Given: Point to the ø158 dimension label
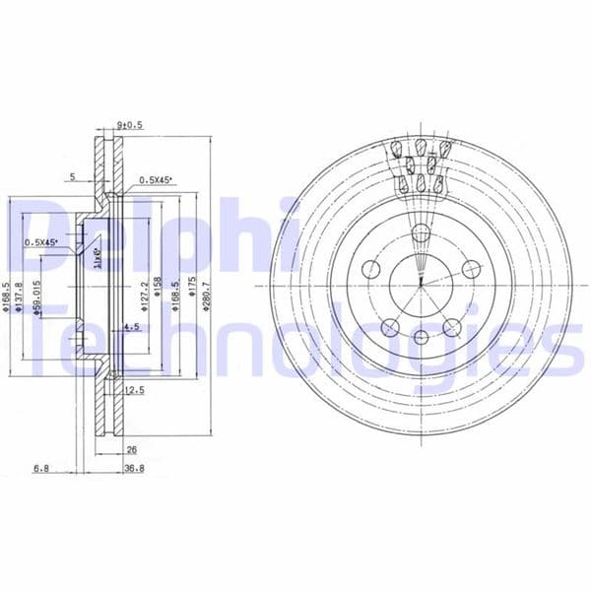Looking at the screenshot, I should (158, 293).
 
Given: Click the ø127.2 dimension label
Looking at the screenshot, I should (144, 295).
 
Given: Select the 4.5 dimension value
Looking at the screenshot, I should (130, 329).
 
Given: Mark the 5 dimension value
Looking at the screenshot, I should (72, 178).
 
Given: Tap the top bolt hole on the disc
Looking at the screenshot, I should (421, 233).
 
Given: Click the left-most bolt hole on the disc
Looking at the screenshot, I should (372, 269).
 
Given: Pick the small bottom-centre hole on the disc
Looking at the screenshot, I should (421, 338).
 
